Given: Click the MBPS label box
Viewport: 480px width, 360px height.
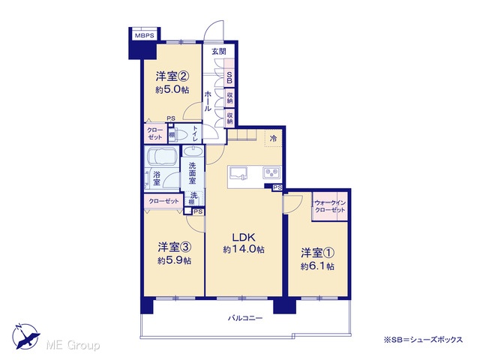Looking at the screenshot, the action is (145, 35).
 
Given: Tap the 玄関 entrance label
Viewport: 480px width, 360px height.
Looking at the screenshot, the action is (219, 51).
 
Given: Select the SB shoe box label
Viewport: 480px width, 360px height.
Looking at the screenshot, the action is (229, 77).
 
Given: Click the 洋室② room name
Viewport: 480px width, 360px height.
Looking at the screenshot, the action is (172, 76).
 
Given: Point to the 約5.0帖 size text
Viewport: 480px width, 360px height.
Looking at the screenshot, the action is (172, 90).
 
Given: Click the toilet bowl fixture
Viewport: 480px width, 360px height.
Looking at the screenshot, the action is (182, 135).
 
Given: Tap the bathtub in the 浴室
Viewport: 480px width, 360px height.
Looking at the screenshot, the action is (161, 157).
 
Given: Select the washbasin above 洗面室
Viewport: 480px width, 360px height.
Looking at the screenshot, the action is (193, 151).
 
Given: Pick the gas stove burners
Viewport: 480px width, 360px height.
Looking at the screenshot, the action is (271, 172).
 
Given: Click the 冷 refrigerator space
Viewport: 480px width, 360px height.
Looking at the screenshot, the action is (273, 138).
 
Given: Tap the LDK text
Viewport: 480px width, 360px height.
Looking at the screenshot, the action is (244, 238).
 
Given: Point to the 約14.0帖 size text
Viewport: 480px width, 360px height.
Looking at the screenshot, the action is (244, 250).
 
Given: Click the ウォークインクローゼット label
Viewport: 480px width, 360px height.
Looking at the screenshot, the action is (330, 207).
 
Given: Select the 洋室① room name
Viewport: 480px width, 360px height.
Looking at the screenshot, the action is (317, 253).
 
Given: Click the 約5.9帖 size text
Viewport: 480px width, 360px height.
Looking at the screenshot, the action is (175, 260).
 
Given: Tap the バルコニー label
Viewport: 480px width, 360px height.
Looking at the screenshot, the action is (245, 318).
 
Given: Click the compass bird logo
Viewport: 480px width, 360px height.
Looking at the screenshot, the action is (25, 336).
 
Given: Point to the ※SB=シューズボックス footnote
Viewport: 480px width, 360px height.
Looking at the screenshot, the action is (423, 340).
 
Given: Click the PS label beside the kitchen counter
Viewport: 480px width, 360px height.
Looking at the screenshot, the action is (277, 187).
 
